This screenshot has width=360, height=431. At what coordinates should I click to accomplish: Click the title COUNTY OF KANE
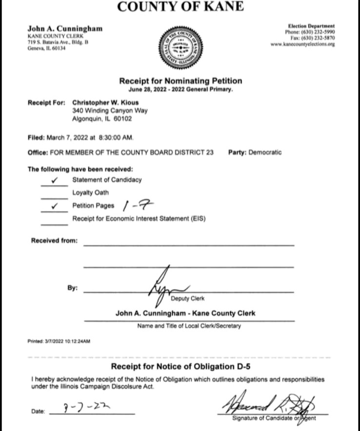(x=180, y=7)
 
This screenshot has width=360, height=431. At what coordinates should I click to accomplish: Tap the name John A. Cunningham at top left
(x=65, y=29)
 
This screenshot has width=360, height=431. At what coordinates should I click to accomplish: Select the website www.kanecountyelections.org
(x=303, y=44)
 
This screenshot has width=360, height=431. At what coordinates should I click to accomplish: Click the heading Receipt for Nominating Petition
(x=180, y=81)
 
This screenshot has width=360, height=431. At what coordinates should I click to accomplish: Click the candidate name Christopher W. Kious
(x=104, y=103)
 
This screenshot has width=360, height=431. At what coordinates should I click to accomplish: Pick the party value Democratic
(x=265, y=152)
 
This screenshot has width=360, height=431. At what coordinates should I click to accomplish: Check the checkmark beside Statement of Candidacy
(x=54, y=180)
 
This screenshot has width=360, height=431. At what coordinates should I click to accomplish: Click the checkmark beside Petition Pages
(x=54, y=206)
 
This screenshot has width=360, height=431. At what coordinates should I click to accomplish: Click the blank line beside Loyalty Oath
(x=54, y=197)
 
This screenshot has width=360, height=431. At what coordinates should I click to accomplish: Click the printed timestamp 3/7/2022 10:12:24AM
(x=59, y=341)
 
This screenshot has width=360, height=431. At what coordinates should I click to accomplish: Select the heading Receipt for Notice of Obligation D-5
(x=180, y=366)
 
